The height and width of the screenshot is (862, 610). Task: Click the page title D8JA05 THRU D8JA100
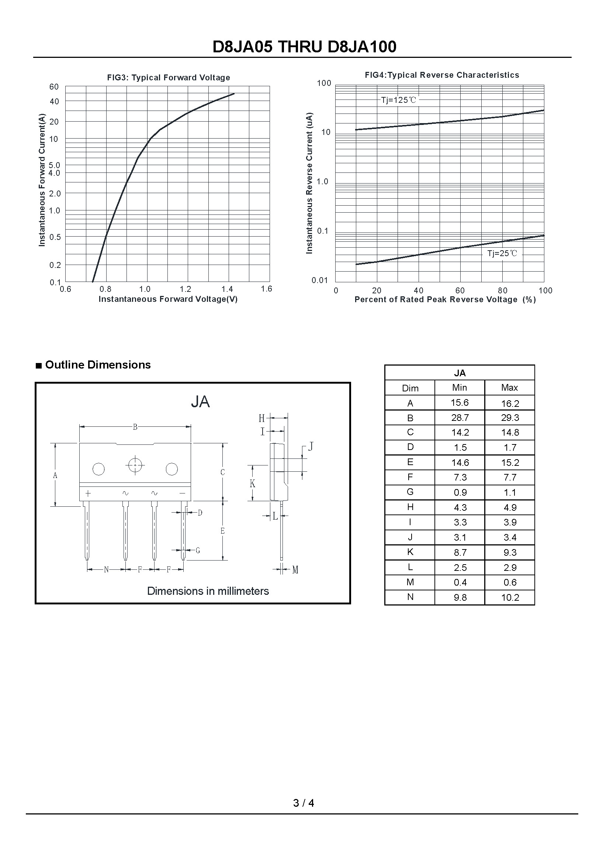304,47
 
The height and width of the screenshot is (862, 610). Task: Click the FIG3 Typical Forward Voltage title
168,78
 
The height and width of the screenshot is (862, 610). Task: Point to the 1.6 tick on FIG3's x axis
266,289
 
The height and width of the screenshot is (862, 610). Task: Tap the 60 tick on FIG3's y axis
54,87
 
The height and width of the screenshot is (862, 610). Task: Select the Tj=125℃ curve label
399,100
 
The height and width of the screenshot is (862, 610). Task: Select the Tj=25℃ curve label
502,254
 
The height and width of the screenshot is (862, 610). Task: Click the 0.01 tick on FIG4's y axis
320,280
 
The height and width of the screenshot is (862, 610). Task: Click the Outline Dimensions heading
98,365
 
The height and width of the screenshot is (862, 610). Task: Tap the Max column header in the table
509,387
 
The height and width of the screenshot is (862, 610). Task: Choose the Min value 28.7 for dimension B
460,418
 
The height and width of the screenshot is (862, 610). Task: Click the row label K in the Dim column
410,552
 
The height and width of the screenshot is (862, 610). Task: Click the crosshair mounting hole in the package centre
135,465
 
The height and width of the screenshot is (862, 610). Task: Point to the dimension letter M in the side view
295,570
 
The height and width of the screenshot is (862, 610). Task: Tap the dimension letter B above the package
135,427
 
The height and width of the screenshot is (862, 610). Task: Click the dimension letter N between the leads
106,569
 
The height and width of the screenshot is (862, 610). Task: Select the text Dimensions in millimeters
208,591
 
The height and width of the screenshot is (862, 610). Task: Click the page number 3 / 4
304,803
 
